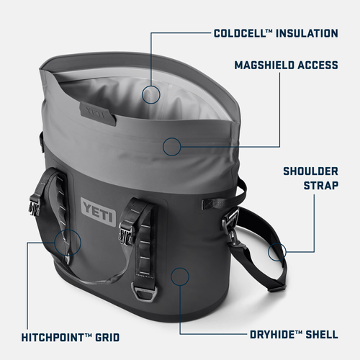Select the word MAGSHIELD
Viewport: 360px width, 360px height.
(265, 66)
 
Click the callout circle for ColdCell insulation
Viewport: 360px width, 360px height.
(150, 93)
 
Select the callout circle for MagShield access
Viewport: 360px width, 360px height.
(171, 147)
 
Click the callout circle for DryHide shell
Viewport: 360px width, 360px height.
(180, 276)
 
